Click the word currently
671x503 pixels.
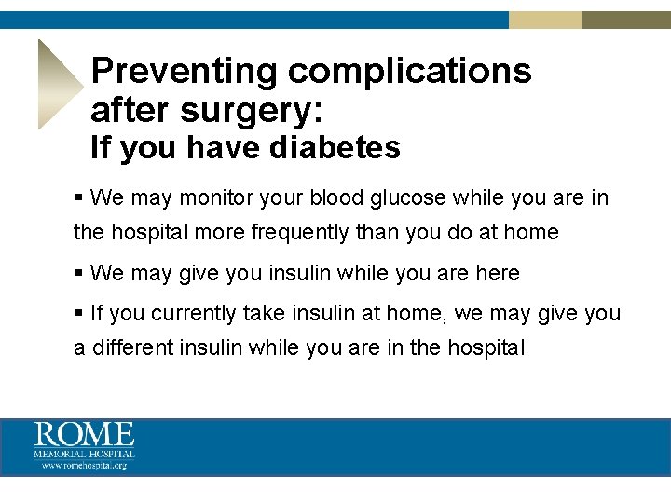(195, 314)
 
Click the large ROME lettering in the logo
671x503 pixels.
(85, 435)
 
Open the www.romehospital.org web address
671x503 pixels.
(85, 466)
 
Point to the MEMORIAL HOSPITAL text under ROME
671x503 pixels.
(85, 455)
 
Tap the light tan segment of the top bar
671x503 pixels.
(545, 20)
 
